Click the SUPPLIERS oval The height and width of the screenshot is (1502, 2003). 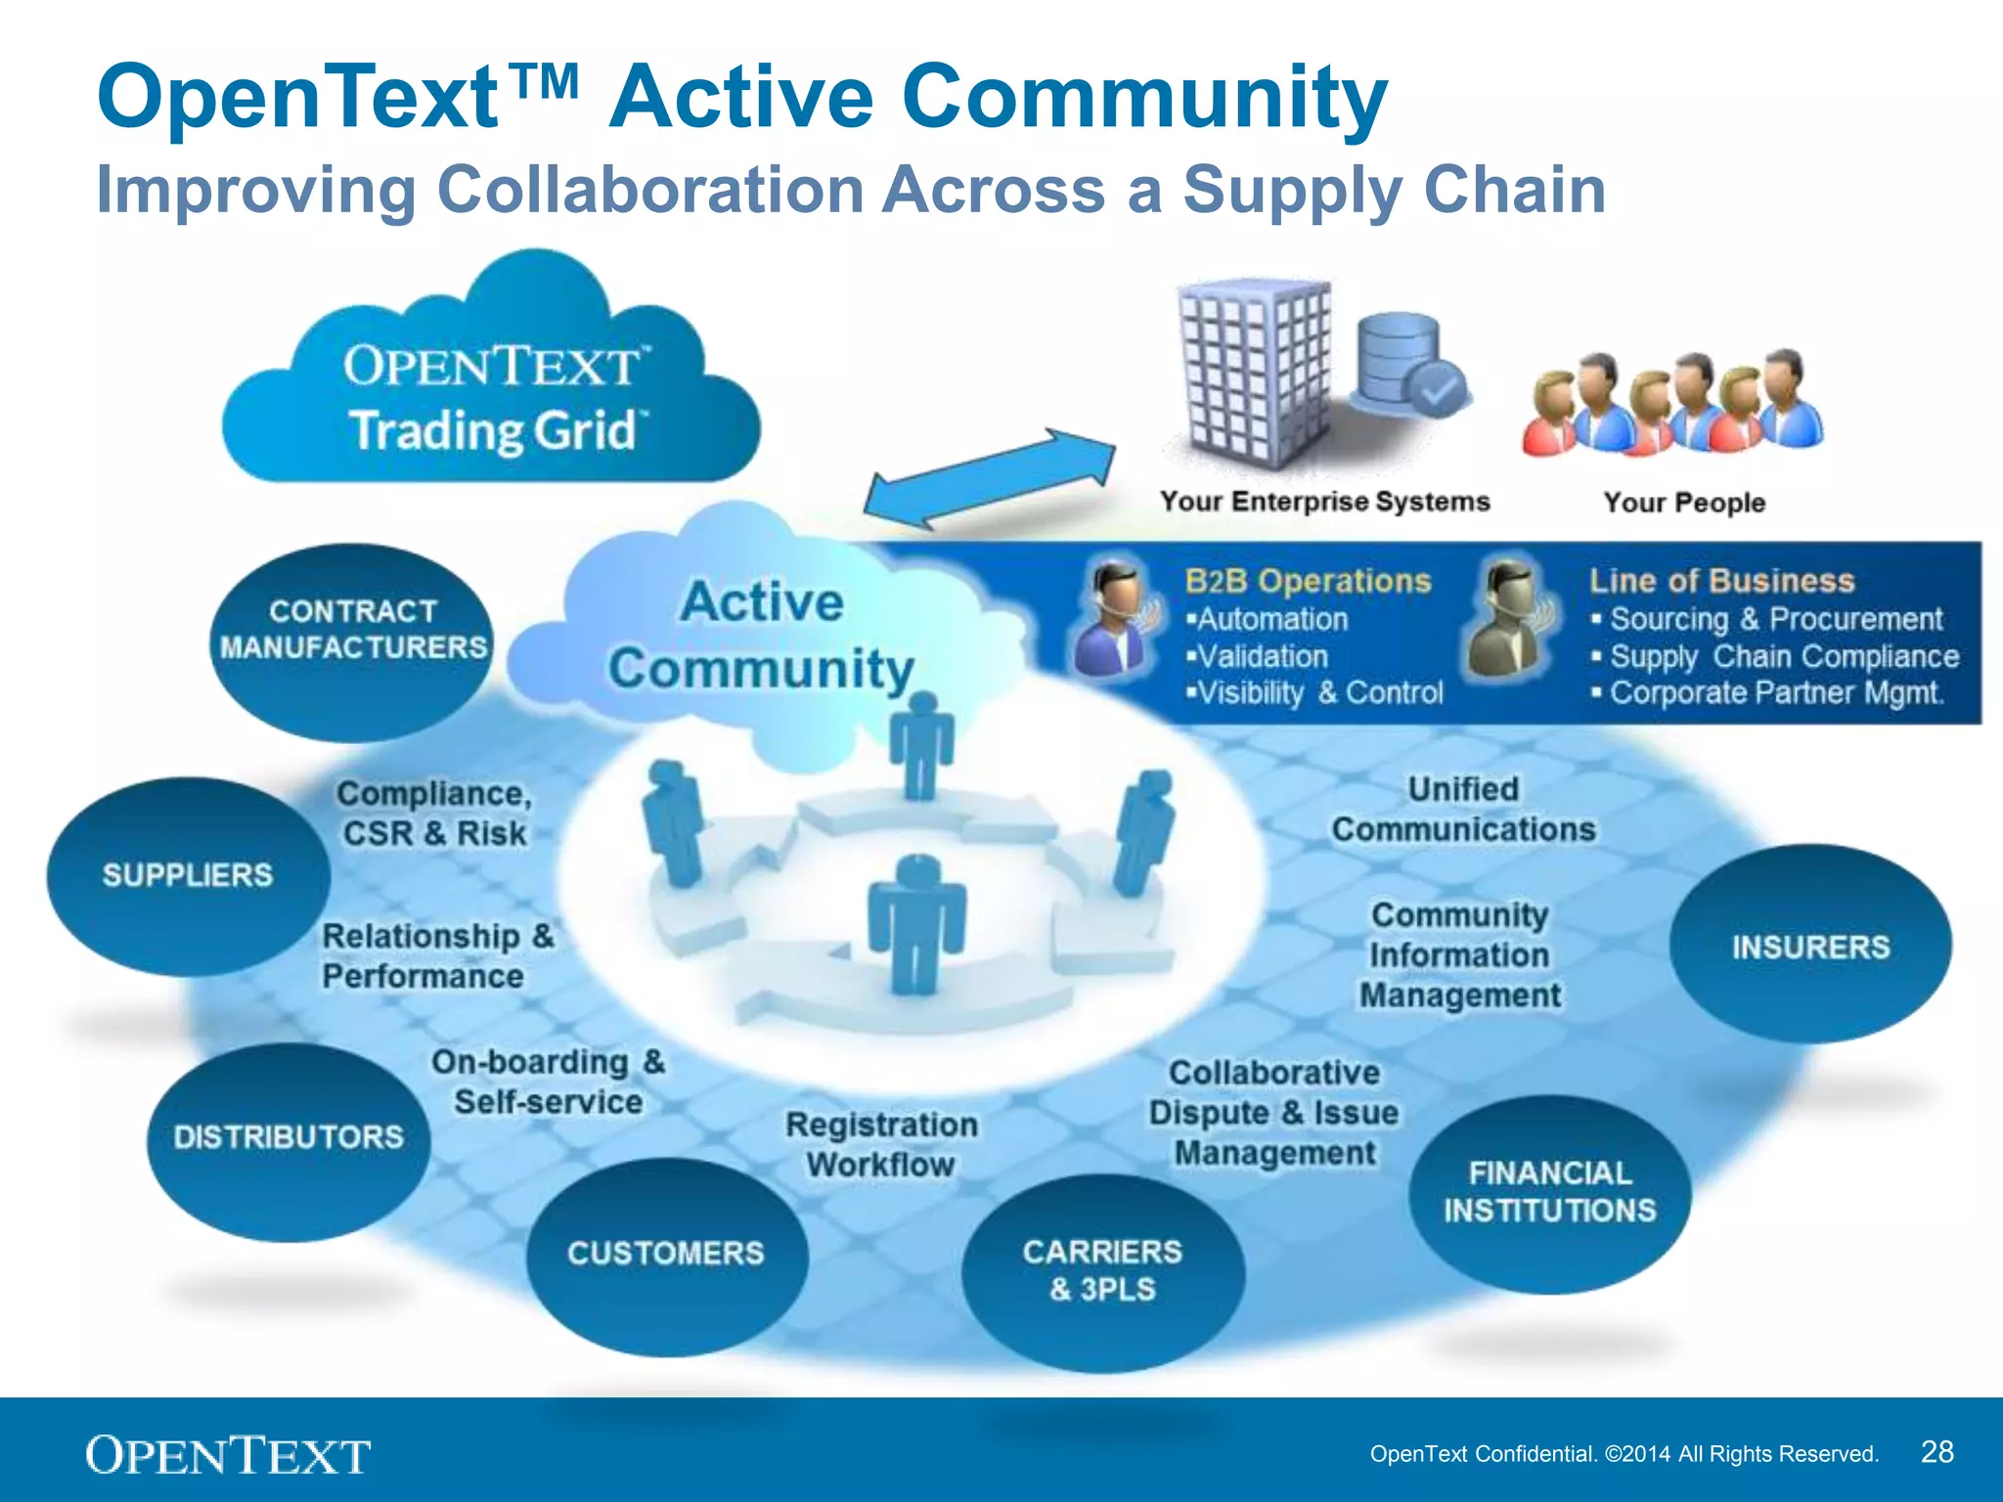pyautogui.click(x=188, y=875)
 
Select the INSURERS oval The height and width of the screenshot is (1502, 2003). pyautogui.click(x=1810, y=946)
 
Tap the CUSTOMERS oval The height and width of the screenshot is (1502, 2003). pyautogui.click(x=666, y=1254)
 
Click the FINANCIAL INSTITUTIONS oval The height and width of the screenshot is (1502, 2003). pyautogui.click(x=1550, y=1192)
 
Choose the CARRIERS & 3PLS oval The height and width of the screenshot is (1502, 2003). pyautogui.click(x=1103, y=1270)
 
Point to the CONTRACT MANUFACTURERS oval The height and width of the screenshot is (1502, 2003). pyautogui.click(x=352, y=631)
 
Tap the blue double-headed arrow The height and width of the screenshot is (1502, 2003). pyautogui.click(x=989, y=478)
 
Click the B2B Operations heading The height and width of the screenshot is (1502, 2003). pyautogui.click(x=1308, y=581)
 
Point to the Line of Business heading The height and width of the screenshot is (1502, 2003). pyautogui.click(x=1721, y=581)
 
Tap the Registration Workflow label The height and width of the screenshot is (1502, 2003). pyautogui.click(x=881, y=1144)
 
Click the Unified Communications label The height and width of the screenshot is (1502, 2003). pyautogui.click(x=1463, y=810)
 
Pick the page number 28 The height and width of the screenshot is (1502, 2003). pyautogui.click(x=1936, y=1451)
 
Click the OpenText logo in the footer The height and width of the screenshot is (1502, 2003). pyautogui.click(x=228, y=1455)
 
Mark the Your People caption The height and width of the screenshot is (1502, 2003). pyautogui.click(x=1684, y=503)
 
